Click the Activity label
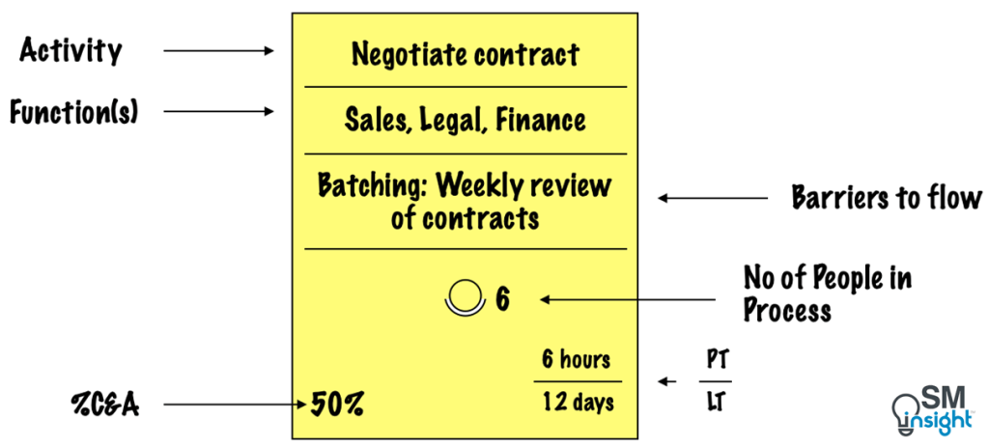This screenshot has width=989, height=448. (71, 50)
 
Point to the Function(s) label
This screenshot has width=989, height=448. (74, 112)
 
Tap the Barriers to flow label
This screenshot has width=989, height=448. (887, 199)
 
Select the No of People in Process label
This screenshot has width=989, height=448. (827, 294)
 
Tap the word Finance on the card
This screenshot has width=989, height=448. (543, 120)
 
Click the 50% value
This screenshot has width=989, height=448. (337, 404)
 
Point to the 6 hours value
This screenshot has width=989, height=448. (576, 360)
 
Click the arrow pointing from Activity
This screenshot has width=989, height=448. (219, 50)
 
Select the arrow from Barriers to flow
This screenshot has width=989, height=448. (713, 199)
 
